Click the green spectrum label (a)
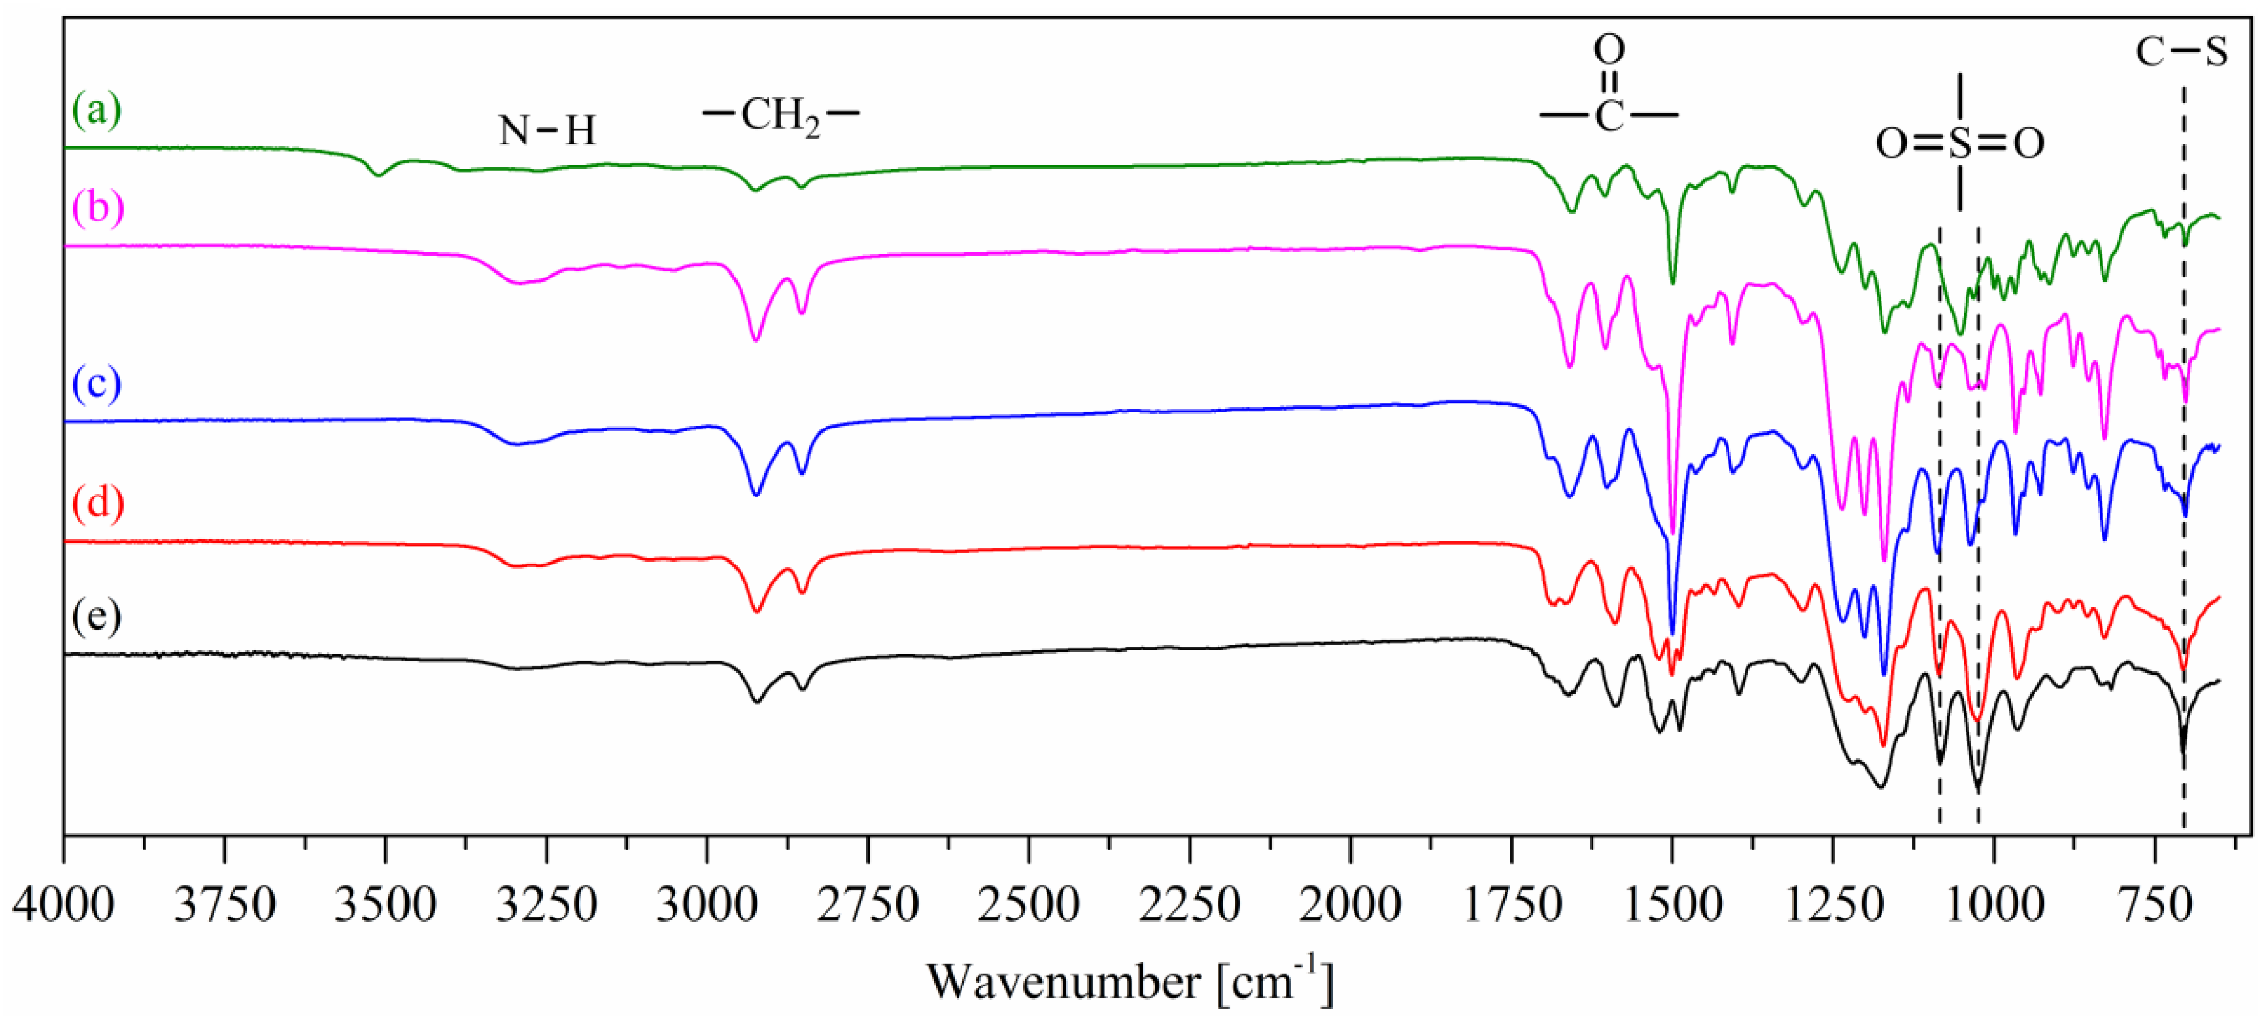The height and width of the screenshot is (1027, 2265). pos(97,110)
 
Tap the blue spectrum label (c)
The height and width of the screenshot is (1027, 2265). pos(97,384)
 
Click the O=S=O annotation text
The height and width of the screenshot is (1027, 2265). pos(1960,143)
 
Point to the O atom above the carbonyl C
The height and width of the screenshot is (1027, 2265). pos(1609,50)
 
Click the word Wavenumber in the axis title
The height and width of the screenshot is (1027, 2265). pos(1063,982)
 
